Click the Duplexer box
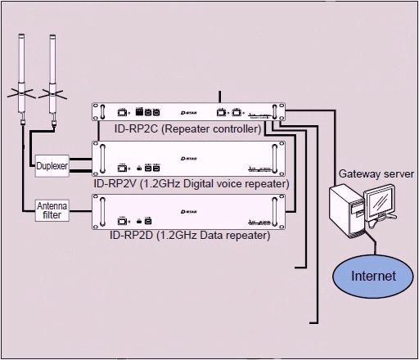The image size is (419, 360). click(x=51, y=166)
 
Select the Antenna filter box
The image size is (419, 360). click(x=51, y=210)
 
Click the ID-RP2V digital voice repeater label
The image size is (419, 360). click(x=190, y=183)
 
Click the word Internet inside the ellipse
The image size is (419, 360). click(x=373, y=277)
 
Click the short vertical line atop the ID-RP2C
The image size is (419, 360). click(x=219, y=97)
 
